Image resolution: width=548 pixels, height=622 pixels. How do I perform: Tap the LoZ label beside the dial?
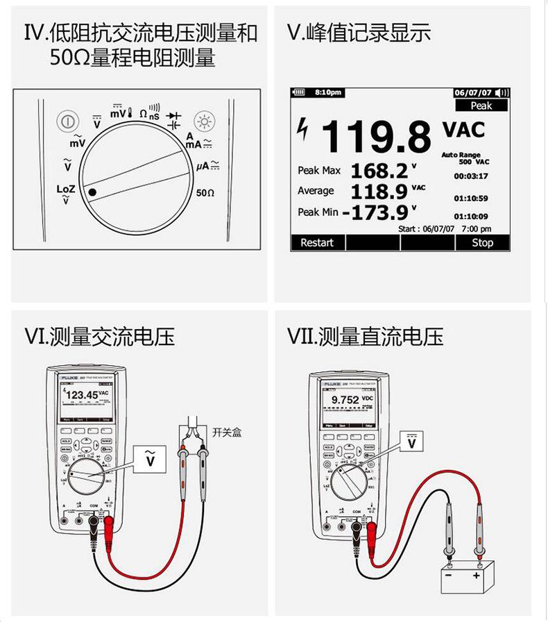(x=65, y=189)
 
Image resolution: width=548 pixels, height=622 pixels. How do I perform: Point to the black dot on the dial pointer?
(x=92, y=191)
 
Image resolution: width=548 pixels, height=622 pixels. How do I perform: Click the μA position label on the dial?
(x=207, y=165)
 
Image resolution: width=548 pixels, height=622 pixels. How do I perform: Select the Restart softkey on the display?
(x=316, y=242)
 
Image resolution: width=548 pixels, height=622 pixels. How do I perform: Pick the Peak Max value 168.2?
(x=379, y=170)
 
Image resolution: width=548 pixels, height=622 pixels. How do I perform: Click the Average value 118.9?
(x=379, y=191)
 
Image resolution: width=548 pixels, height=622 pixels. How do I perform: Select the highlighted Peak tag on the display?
(x=481, y=106)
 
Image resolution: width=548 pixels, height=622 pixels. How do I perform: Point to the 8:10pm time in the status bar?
(x=327, y=92)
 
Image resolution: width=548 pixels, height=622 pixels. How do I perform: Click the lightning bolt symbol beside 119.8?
(x=302, y=128)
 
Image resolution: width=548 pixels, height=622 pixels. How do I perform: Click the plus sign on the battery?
(x=477, y=576)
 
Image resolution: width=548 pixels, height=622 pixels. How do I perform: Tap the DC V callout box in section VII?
(x=413, y=442)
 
